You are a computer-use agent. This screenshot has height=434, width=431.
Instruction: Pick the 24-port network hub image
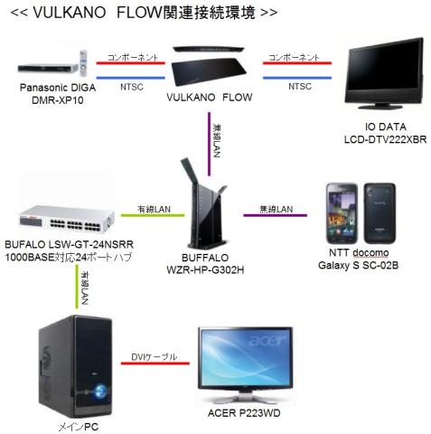[64, 217]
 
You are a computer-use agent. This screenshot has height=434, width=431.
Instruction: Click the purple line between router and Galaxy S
[275, 216]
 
